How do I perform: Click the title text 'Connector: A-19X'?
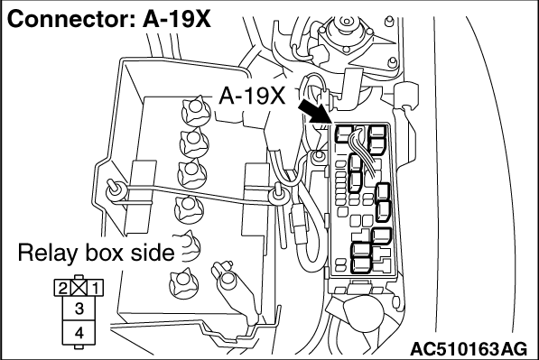pyautogui.click(x=108, y=19)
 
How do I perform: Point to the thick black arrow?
pyautogui.click(x=314, y=111)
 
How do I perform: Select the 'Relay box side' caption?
pyautogui.click(x=96, y=253)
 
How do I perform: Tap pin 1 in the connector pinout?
pyautogui.click(x=95, y=288)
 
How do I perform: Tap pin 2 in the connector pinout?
pyautogui.click(x=62, y=288)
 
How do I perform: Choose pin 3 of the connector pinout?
pyautogui.click(x=79, y=309)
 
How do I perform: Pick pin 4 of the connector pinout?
pyautogui.click(x=79, y=333)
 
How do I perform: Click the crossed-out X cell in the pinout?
pyautogui.click(x=79, y=288)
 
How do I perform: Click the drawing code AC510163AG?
pyautogui.click(x=469, y=349)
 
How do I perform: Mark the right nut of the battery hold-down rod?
pyautogui.click(x=277, y=195)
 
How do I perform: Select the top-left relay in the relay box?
pyautogui.click(x=344, y=134)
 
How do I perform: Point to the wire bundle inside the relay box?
pyautogui.click(x=362, y=152)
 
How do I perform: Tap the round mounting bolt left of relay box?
pyautogui.click(x=319, y=156)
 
